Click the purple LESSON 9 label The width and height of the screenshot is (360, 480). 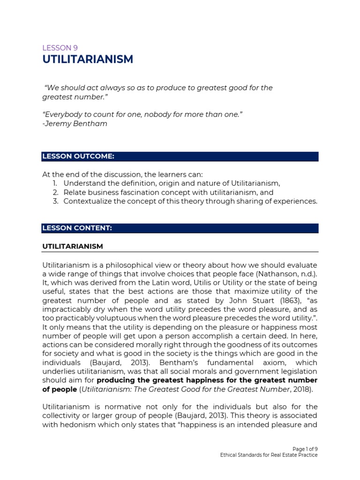(60, 47)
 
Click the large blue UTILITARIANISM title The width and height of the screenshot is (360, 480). (88, 60)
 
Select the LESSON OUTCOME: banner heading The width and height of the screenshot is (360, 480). (78, 156)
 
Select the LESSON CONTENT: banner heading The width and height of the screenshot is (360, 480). (77, 228)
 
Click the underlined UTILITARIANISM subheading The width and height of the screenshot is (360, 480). (73, 246)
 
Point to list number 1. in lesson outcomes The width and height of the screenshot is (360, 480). (56, 183)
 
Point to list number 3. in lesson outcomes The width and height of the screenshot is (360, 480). (55, 201)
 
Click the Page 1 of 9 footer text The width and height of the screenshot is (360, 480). (305, 449)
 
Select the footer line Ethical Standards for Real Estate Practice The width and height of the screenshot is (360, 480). (269, 455)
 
